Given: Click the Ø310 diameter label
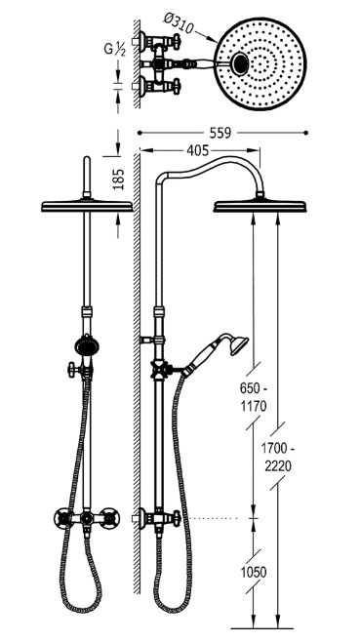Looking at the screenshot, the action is pos(180,23).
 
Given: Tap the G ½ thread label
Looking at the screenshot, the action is pos(114,49).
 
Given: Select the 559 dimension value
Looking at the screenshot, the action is pos(220,133).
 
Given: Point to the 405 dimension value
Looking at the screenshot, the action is pos(197,150).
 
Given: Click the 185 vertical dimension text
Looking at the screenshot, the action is pos(118,179).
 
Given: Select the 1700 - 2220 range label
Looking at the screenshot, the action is pos(278,458).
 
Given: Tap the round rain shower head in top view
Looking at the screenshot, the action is pos(260,63).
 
